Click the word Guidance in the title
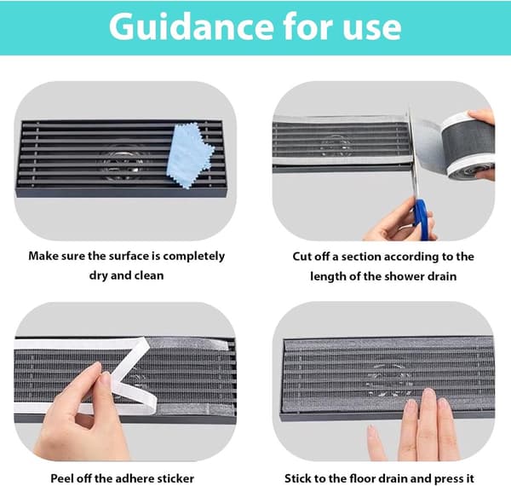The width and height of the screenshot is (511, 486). (191, 26)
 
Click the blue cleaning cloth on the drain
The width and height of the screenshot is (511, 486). (191, 155)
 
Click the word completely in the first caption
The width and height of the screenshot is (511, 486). (194, 257)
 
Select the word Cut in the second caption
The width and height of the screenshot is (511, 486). (302, 257)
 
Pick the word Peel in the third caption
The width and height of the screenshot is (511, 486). (61, 478)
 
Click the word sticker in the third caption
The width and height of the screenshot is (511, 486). (175, 478)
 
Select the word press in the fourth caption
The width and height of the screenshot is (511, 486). (448, 479)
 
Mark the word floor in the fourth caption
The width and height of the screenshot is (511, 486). (363, 478)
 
